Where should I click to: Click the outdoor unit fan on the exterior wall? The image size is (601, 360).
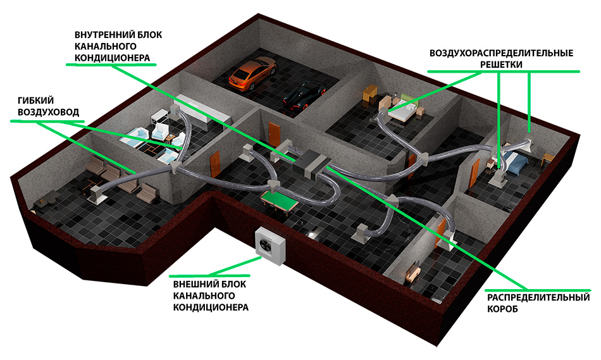(265, 242)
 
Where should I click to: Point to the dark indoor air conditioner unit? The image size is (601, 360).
(312, 163)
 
